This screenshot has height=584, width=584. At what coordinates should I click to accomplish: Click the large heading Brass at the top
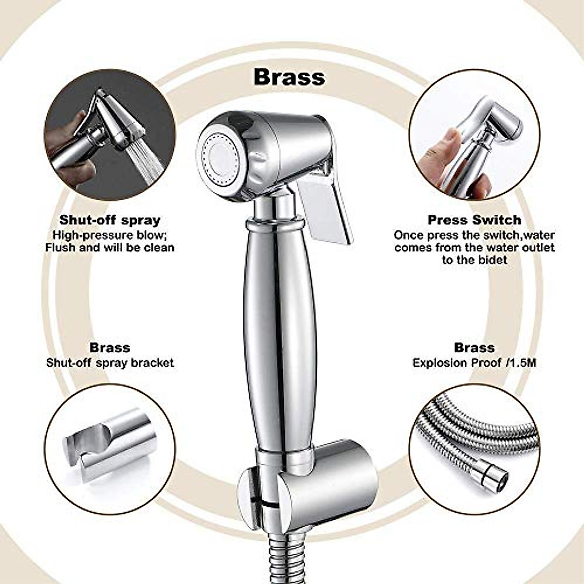tap(289, 77)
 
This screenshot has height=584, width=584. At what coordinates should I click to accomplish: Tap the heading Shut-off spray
tap(109, 220)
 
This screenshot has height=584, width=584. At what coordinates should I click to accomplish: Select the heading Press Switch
tap(474, 220)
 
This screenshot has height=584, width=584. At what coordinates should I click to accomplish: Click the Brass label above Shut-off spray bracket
tap(109, 347)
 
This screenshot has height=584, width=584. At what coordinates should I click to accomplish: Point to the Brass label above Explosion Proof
tap(474, 347)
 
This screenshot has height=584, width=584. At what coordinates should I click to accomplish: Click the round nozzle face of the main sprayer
tap(221, 155)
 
